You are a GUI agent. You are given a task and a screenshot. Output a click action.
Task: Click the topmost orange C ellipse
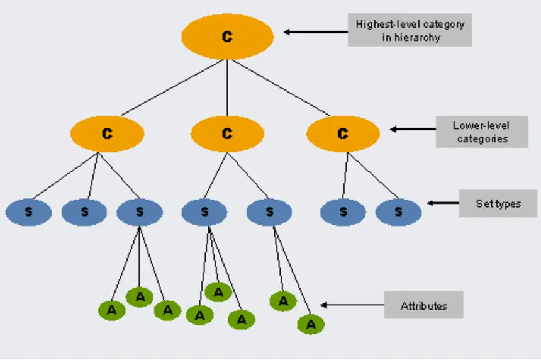[227, 37]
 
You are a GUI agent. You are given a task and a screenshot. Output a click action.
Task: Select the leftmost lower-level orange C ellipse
[108, 133]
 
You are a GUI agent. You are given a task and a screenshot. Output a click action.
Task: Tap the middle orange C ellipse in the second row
[227, 133]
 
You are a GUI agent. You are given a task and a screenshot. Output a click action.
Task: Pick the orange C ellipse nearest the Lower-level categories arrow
[343, 133]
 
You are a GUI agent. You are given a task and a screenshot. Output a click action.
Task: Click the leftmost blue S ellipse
[29, 212]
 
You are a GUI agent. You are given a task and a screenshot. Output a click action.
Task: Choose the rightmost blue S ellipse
[398, 212]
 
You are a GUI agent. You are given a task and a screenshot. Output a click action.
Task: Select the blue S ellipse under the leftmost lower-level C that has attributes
[140, 212]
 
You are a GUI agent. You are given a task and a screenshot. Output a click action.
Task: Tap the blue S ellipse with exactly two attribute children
[269, 212]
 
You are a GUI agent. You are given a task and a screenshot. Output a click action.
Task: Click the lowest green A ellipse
[311, 324]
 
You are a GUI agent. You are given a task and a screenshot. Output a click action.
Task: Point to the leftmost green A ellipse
[112, 310]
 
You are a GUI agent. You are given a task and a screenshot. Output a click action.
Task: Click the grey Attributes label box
[424, 305]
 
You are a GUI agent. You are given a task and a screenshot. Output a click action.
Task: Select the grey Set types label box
[498, 203]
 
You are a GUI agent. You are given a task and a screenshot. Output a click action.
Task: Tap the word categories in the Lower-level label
[482, 138]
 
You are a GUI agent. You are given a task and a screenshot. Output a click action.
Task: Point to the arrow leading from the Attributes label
[352, 305]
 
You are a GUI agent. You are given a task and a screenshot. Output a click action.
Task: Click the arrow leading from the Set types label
[443, 203]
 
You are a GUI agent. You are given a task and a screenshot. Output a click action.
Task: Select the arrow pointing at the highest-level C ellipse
[316, 32]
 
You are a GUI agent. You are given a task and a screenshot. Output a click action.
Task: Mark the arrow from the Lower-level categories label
[413, 129]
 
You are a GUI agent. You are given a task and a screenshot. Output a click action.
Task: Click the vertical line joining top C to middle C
[227, 87]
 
